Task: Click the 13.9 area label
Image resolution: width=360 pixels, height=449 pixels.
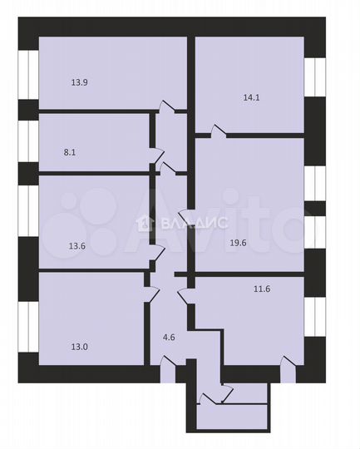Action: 80,81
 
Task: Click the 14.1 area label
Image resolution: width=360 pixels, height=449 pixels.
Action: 252,96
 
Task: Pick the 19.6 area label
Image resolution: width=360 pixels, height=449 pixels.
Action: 240,243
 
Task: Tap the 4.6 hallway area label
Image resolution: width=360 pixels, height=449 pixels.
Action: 169,338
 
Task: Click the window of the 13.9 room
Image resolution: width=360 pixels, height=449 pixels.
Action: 28,75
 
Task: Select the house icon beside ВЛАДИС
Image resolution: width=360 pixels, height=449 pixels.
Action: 145,223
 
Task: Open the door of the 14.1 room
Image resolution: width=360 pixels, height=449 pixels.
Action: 217,131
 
